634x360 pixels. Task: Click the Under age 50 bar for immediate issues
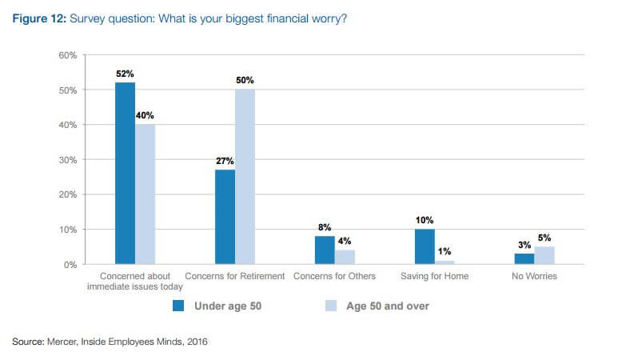click(124, 173)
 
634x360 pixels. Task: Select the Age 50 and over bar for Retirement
click(245, 176)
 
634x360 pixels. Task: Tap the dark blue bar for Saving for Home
click(425, 246)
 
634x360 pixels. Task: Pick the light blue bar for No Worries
click(544, 255)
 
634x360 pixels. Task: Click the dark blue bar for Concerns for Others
click(324, 250)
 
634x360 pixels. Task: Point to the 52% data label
click(124, 73)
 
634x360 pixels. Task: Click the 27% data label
click(224, 160)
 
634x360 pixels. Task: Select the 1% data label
click(445, 251)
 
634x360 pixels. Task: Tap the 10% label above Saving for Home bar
click(425, 219)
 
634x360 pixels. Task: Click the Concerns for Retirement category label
click(235, 277)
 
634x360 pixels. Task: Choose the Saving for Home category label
click(434, 277)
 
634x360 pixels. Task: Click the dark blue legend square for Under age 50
click(180, 305)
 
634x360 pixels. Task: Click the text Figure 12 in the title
click(38, 18)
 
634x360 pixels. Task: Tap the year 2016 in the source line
click(196, 342)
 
